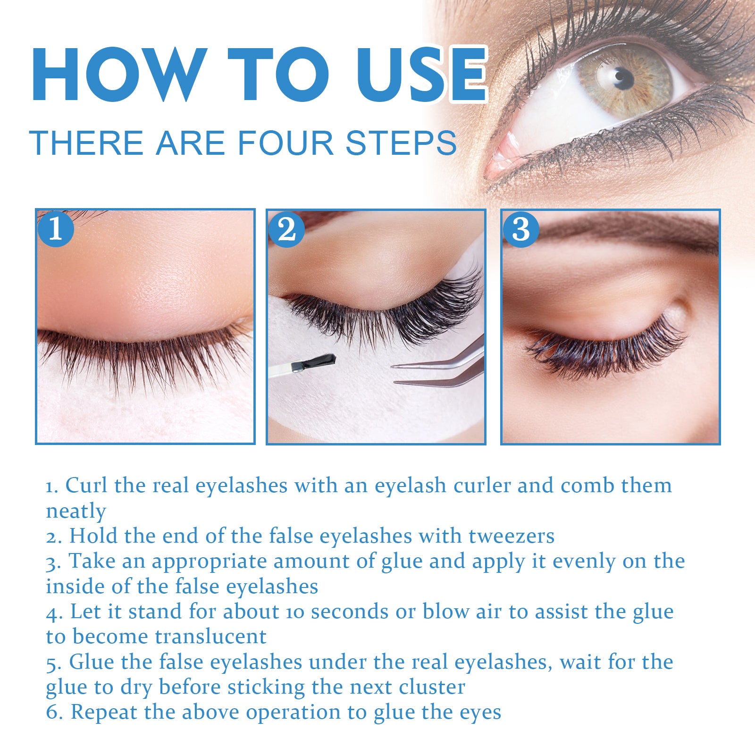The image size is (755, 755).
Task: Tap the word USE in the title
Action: point(421,75)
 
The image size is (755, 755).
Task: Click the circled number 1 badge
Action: point(56,229)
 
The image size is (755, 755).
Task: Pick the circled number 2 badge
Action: point(286,230)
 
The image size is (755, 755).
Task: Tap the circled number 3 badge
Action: point(521,230)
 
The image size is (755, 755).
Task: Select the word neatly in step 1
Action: point(75,512)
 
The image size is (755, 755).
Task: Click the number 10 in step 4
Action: point(295,612)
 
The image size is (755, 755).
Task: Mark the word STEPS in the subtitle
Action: point(401,143)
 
